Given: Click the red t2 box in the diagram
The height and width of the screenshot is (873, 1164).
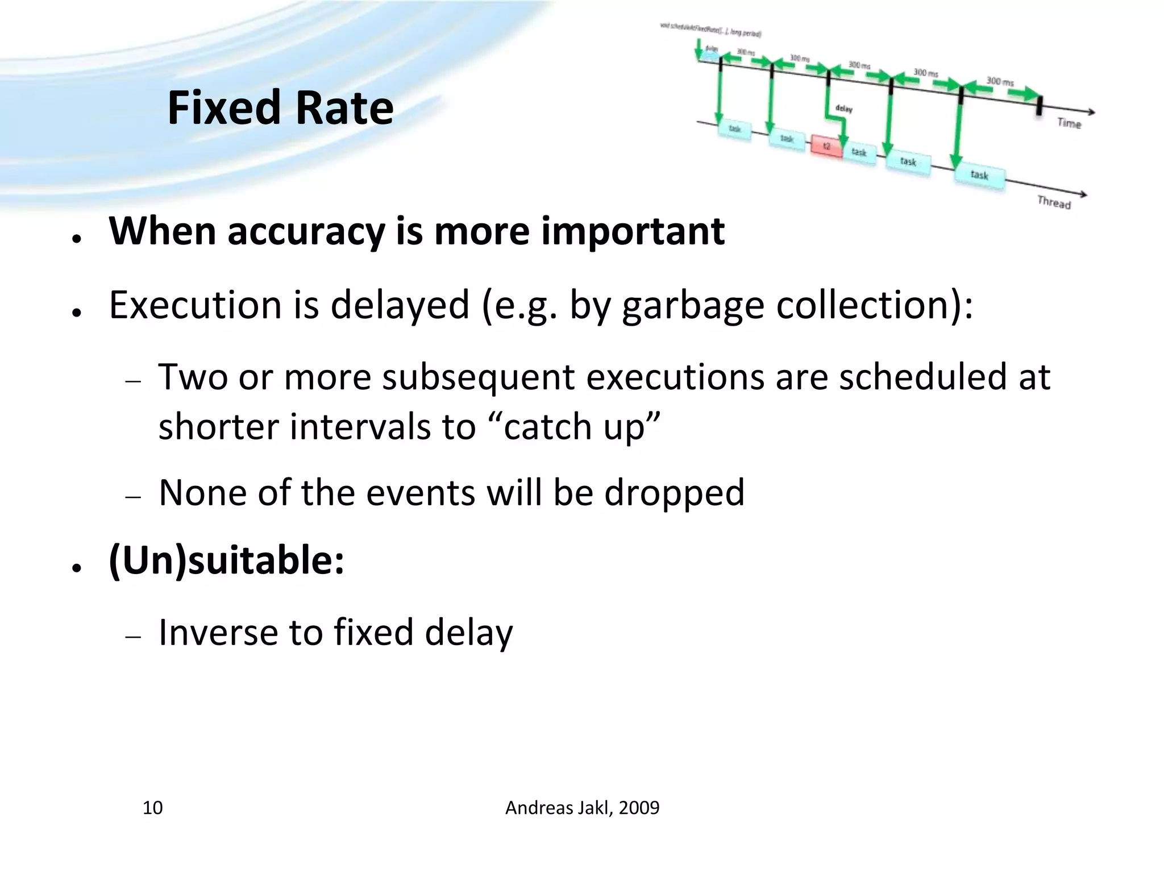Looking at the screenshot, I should click(x=826, y=146).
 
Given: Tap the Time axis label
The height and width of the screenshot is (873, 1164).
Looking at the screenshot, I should click(x=1069, y=123).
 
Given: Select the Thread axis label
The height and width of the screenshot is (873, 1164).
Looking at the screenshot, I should click(x=1054, y=202).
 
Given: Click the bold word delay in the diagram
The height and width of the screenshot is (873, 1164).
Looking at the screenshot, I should click(x=843, y=109).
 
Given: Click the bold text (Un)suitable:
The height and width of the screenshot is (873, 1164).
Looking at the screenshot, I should click(x=227, y=560).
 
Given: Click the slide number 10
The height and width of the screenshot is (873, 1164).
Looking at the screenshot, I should click(x=152, y=808).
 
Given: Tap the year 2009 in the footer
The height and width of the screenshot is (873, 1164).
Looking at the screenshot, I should click(x=639, y=808).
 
